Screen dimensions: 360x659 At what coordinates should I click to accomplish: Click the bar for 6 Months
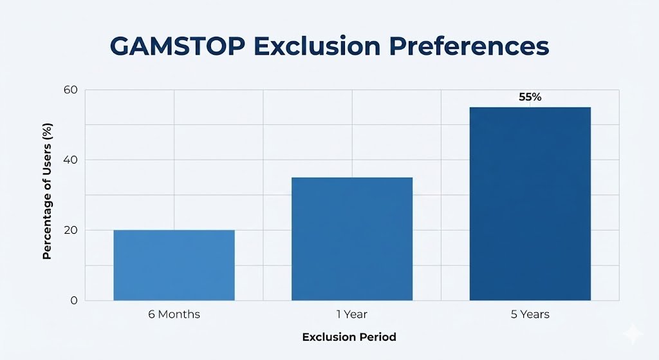click(174, 265)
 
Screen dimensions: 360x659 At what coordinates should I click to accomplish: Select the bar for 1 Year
click(351, 238)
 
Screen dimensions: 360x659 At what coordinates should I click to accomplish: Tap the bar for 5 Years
click(530, 204)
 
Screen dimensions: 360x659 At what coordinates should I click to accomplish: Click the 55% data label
click(530, 97)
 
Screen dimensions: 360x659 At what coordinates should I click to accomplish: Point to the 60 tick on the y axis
click(70, 90)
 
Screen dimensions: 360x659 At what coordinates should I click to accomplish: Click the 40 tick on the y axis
click(70, 160)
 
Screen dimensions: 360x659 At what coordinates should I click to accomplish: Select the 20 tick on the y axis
click(70, 230)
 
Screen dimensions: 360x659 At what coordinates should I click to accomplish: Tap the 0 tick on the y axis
click(73, 300)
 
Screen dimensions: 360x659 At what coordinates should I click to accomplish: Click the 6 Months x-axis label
click(174, 314)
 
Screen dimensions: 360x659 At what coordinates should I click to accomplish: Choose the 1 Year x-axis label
click(351, 314)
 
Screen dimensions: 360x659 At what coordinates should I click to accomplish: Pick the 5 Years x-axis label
click(530, 314)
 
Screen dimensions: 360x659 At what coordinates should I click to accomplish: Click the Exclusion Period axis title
click(349, 337)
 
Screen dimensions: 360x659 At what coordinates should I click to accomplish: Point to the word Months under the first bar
click(180, 314)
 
